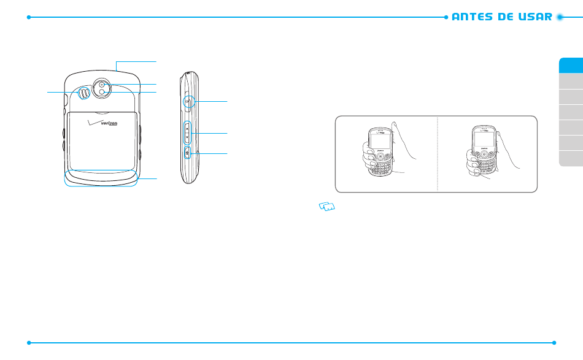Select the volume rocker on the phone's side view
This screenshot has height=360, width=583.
tap(188, 132)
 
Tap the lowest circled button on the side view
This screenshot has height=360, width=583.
tap(188, 152)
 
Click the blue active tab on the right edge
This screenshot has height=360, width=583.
tap(571, 66)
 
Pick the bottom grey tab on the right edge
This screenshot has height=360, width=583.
tap(571, 158)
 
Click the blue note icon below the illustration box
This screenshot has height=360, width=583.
tap(326, 208)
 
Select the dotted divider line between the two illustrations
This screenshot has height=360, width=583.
tap(438, 153)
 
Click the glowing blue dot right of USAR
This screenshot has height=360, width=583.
tap(560, 17)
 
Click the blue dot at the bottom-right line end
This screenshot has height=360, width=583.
tap(554, 343)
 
